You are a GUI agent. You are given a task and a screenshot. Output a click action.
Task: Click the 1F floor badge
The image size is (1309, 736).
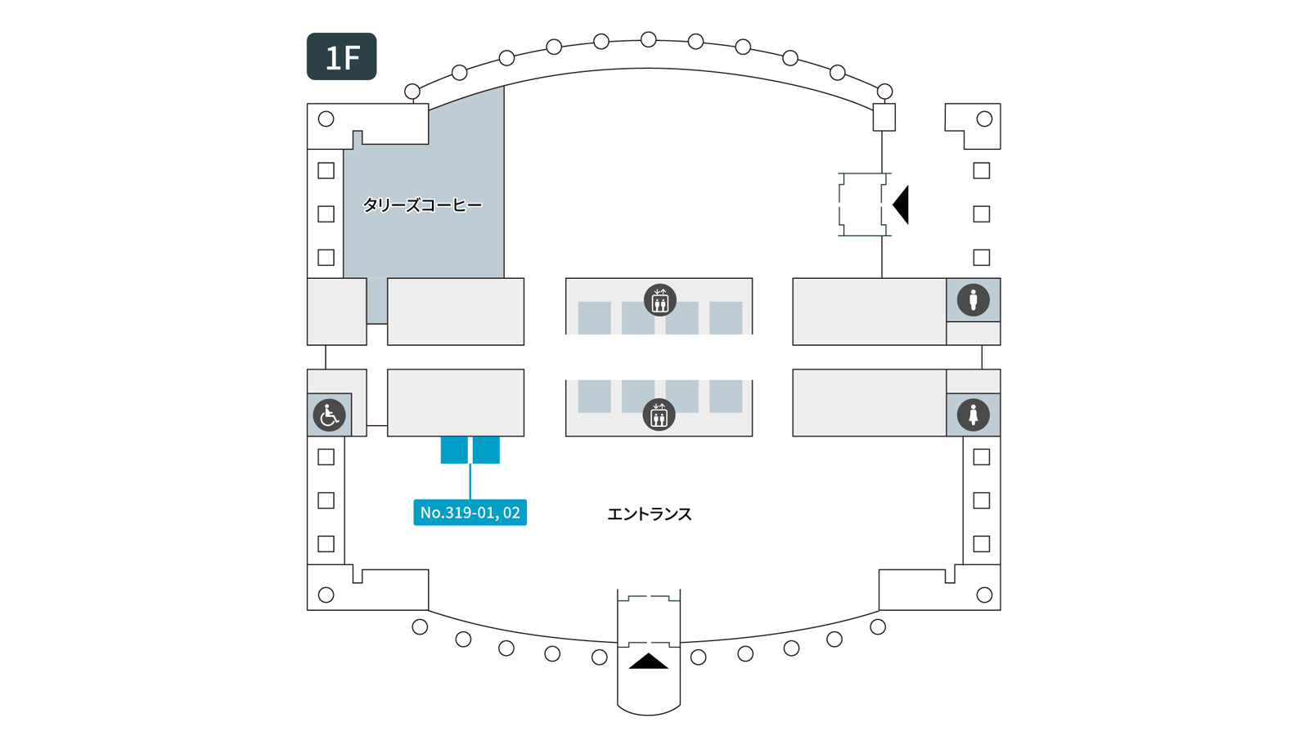tap(341, 56)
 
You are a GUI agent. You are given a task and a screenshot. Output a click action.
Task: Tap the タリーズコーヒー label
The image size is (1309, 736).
tap(422, 205)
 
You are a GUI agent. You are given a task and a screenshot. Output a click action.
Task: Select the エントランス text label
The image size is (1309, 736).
tap(649, 514)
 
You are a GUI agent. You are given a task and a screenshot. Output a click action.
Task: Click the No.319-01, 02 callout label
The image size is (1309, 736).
tap(470, 513)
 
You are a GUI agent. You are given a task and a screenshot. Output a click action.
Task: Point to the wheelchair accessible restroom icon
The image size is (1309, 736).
tap(329, 415)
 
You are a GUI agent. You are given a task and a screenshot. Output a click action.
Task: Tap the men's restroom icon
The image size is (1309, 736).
tap(973, 300)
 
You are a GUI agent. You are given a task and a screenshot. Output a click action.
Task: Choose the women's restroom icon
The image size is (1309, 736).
tap(973, 415)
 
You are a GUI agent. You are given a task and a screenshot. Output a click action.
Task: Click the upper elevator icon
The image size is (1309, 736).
tap(659, 300)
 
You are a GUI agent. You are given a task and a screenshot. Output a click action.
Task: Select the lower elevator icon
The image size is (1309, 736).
tap(659, 415)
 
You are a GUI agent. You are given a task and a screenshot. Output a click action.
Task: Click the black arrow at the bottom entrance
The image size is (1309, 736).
tap(649, 662)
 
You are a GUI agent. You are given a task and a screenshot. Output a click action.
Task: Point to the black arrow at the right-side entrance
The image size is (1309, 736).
tap(902, 204)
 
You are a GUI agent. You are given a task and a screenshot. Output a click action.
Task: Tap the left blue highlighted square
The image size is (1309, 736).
tap(454, 450)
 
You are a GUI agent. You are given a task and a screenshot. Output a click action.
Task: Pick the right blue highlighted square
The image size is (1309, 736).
tap(486, 450)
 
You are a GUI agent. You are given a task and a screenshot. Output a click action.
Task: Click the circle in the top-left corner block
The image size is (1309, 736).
tap(326, 119)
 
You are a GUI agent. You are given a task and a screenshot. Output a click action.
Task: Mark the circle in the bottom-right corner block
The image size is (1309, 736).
tap(984, 595)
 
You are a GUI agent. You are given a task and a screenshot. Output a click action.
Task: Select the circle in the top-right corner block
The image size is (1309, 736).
tap(984, 119)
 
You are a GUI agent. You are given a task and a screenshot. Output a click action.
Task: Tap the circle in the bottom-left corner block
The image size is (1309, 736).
tap(326, 595)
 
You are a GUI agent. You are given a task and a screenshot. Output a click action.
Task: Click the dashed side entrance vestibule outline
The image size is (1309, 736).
tap(862, 204)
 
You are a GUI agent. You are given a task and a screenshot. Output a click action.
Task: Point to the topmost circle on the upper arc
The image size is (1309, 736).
tap(649, 39)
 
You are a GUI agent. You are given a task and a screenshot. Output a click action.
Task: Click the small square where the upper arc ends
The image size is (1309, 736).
tap(884, 118)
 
